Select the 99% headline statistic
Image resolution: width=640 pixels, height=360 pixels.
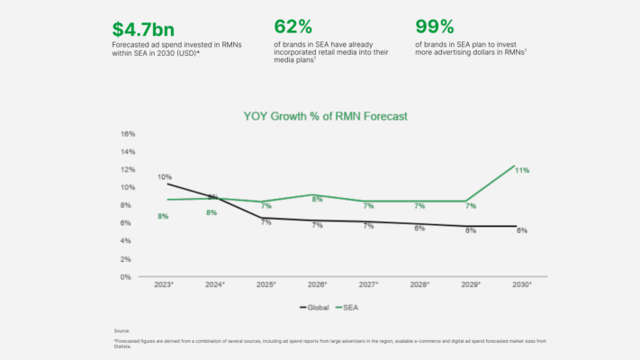click(434, 27)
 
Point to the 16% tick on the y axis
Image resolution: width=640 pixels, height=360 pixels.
click(127, 133)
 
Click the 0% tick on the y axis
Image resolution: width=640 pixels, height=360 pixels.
click(129, 277)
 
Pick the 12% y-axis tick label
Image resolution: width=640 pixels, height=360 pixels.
click(127, 169)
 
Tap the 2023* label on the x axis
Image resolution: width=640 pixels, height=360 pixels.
click(164, 284)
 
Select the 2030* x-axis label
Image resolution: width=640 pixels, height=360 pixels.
click(522, 284)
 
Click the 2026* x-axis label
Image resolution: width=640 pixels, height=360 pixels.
click(318, 284)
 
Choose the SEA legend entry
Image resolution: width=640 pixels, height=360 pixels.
click(351, 307)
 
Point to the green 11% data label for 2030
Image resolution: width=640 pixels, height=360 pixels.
click(522, 170)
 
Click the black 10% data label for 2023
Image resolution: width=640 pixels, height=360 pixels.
click(164, 177)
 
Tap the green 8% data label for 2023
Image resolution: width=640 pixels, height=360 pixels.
click(163, 216)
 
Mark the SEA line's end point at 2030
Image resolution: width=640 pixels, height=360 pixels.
click(514, 166)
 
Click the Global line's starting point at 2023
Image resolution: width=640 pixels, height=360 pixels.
click(167, 184)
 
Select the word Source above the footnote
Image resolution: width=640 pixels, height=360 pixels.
click(122, 331)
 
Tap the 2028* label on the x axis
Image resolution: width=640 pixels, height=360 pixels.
click(419, 284)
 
